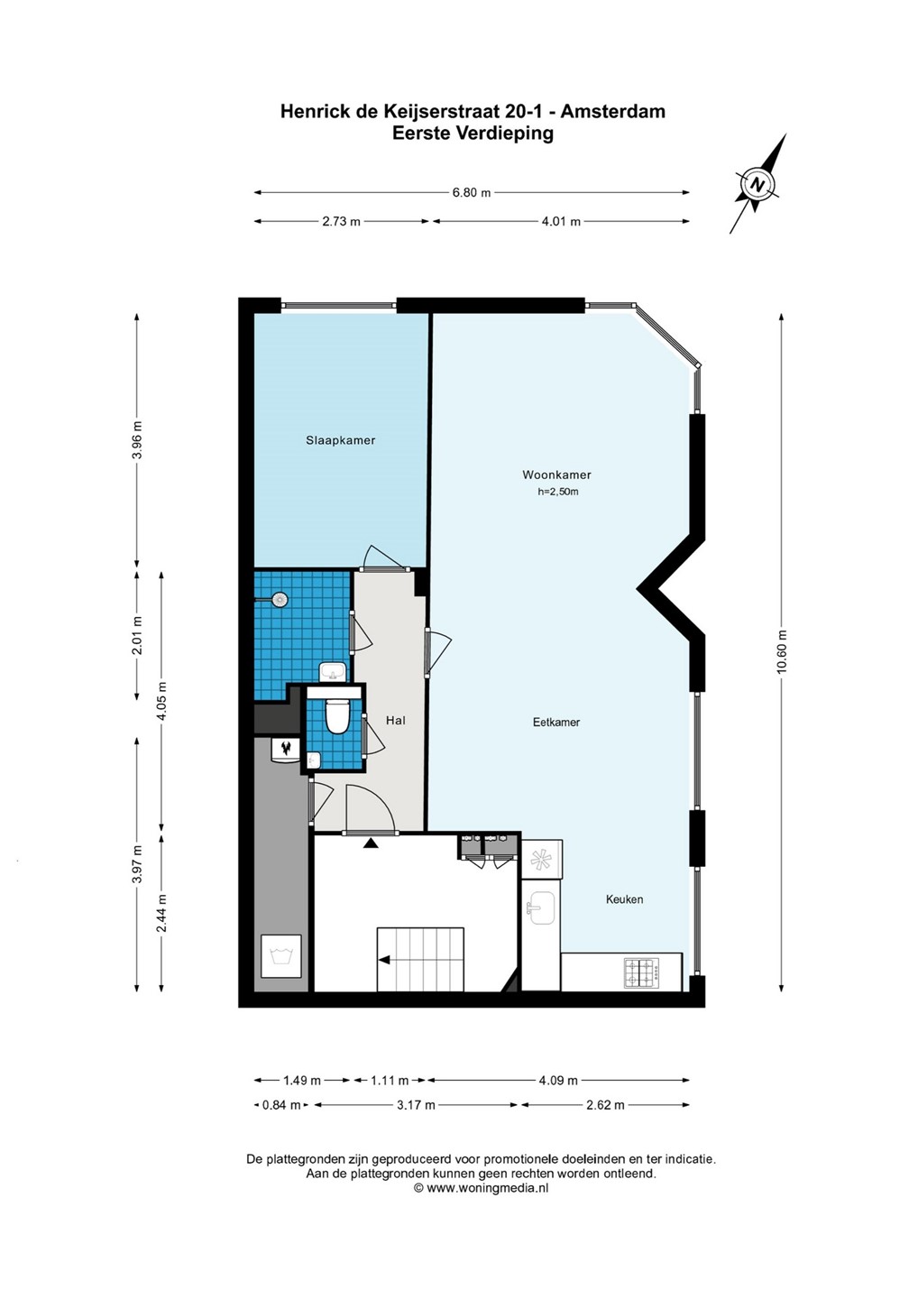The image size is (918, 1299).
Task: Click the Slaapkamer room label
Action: pos(340,440)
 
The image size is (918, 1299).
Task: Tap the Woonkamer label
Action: pos(556,474)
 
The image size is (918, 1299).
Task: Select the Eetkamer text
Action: pos(556,723)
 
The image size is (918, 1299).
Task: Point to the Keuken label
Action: pos(624,899)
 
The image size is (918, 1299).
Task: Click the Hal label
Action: pos(395,720)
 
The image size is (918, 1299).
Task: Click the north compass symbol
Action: pos(757,184)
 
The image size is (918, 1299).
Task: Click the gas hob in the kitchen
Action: pos(641,973)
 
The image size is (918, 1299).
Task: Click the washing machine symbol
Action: pos(281,955)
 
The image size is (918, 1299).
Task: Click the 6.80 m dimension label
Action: pos(471,192)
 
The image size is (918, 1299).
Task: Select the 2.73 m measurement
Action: pos(342,222)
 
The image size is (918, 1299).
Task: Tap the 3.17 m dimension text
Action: pos(416,1105)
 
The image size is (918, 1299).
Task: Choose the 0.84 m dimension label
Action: pos(281,1105)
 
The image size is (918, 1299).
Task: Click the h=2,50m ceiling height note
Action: pos(558,493)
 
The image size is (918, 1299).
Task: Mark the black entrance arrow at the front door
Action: pos(370,843)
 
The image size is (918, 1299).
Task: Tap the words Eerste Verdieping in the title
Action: pos(473,134)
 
